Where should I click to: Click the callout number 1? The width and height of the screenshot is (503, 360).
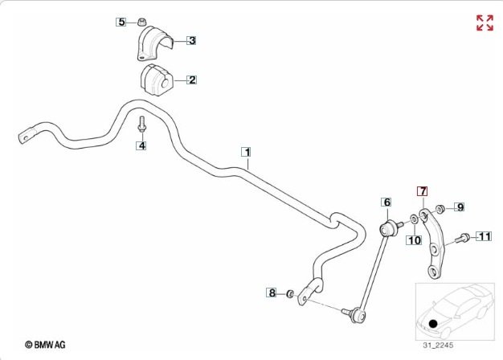pyautogui.click(x=247, y=151)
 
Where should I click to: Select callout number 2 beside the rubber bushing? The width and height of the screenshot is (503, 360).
pyautogui.click(x=192, y=80)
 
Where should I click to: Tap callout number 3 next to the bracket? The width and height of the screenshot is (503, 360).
pyautogui.click(x=192, y=39)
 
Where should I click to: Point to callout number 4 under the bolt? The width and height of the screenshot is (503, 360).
pyautogui.click(x=141, y=145)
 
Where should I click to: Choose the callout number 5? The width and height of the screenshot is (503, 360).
pyautogui.click(x=121, y=22)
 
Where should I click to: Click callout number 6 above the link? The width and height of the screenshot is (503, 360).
pyautogui.click(x=386, y=202)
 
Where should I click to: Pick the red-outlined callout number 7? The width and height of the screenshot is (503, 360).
pyautogui.click(x=422, y=191)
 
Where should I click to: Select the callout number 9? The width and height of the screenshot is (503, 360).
pyautogui.click(x=460, y=207)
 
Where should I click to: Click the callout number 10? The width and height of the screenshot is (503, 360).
pyautogui.click(x=414, y=239)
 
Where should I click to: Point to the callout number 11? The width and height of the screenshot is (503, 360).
pyautogui.click(x=484, y=236)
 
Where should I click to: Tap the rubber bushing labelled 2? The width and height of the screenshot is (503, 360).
pyautogui.click(x=157, y=80)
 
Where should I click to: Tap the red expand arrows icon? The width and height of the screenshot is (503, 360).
pyautogui.click(x=485, y=22)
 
